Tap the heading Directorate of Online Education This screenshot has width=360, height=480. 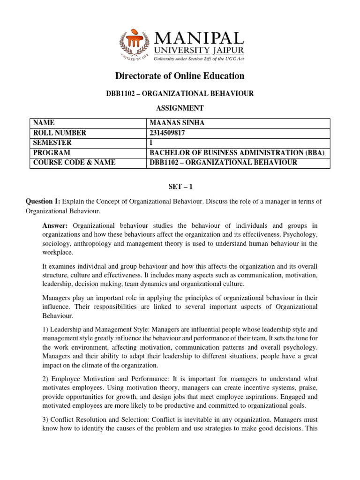[x=180, y=75]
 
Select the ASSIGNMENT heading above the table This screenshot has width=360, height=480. [x=180, y=108]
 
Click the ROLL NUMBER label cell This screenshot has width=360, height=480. [x=60, y=133]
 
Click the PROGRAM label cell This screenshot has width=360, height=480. [x=52, y=153]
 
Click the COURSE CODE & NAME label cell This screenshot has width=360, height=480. [x=74, y=163]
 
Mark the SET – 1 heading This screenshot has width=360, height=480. [x=180, y=187]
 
